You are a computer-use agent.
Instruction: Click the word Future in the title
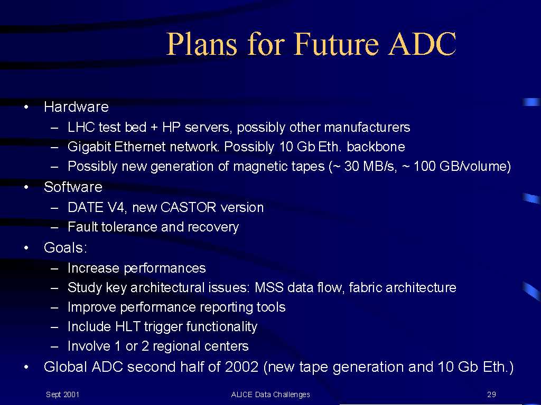pos(336,44)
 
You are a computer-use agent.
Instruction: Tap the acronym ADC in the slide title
pos(422,44)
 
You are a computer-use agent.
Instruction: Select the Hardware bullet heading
pos(76,107)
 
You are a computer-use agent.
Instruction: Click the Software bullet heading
pos(73,187)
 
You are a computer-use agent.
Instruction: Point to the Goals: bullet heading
pos(66,248)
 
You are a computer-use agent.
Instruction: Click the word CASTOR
pos(189,207)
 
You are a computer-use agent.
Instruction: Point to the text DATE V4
pos(97,207)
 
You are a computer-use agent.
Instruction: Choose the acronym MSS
pos(269,287)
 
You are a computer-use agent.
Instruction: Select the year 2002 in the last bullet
pos(241,367)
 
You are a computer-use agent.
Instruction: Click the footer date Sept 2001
pos(62,394)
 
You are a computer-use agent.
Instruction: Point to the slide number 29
pos(492,394)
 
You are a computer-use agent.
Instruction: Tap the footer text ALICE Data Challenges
pos(270,394)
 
